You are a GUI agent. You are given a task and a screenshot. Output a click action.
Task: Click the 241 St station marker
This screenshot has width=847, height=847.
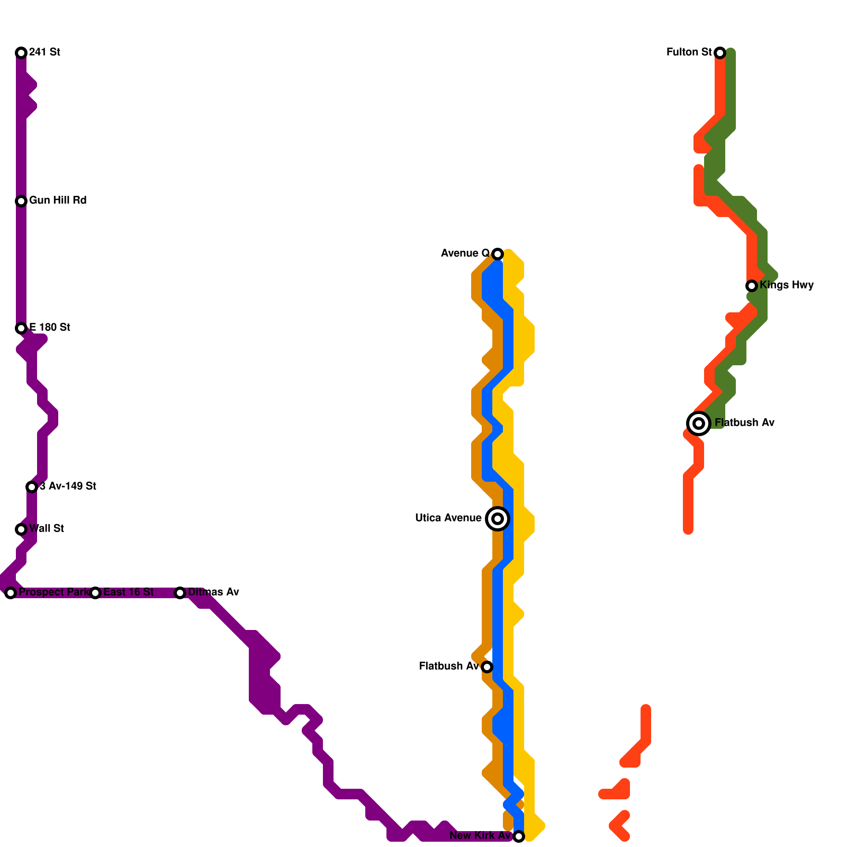(21, 52)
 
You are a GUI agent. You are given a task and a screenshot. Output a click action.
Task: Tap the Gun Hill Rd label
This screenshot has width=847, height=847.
(58, 201)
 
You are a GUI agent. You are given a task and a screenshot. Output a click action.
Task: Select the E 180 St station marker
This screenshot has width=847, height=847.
(21, 328)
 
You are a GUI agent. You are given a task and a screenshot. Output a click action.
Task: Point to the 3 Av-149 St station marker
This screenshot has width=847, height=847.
(32, 487)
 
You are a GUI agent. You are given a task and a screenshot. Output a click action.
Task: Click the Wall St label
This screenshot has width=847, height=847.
(47, 529)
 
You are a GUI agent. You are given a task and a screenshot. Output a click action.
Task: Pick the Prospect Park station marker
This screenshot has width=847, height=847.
(11, 593)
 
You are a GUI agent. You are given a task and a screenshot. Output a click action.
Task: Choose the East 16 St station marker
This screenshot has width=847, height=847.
(95, 593)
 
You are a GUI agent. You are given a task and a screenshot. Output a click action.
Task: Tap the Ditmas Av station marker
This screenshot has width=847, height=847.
(180, 593)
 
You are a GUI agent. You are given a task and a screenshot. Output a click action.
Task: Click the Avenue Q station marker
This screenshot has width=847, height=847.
(498, 254)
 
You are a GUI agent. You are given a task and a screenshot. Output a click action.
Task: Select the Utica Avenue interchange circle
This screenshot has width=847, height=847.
(498, 519)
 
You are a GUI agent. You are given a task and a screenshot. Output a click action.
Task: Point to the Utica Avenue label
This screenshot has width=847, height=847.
(448, 518)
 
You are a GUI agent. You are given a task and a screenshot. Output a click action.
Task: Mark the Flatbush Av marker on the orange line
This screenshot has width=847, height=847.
(487, 667)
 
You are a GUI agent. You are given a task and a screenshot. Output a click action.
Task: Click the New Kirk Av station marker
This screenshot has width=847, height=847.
(519, 836)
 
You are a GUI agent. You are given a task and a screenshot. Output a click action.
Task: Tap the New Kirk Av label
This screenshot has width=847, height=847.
(480, 836)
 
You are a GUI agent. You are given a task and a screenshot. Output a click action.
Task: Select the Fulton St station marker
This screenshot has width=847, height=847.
(720, 52)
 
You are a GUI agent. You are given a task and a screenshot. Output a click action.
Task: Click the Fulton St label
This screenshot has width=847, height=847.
(689, 52)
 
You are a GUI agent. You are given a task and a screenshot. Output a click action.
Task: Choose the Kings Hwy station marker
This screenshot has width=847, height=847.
(752, 286)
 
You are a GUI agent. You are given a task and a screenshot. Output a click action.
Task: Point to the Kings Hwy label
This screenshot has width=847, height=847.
(787, 285)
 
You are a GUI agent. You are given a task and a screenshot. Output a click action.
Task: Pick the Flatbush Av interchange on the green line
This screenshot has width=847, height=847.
(699, 424)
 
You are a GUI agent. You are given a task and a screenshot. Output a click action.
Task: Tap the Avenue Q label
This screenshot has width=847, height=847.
(465, 254)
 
